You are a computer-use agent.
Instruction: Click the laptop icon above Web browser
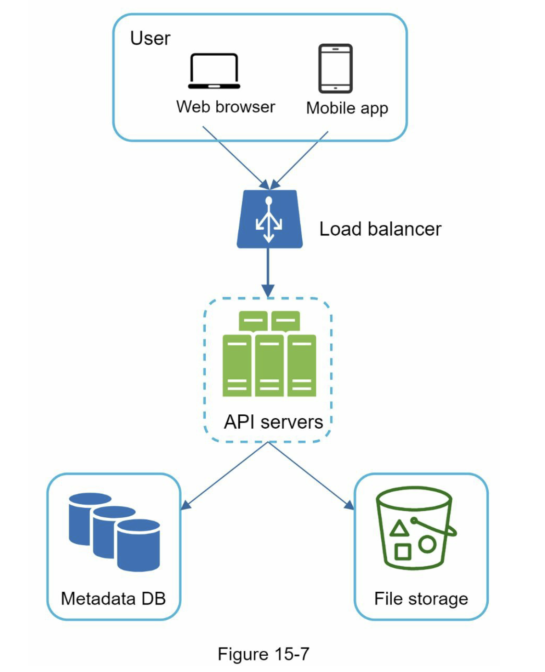pyautogui.click(x=214, y=71)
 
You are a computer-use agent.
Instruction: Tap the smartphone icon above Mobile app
pyautogui.click(x=335, y=68)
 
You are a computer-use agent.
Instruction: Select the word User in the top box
pyautogui.click(x=150, y=38)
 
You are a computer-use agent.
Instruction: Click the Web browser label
pyautogui.click(x=225, y=107)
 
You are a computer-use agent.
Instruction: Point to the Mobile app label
pyautogui.click(x=347, y=108)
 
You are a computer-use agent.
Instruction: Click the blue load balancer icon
pyautogui.click(x=269, y=219)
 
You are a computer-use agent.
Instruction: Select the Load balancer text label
pyautogui.click(x=380, y=229)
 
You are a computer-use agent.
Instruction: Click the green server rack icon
pyautogui.click(x=269, y=354)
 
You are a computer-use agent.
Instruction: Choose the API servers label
pyautogui.click(x=273, y=422)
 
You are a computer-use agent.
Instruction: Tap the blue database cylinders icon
pyautogui.click(x=114, y=531)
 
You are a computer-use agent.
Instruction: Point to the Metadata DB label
pyautogui.click(x=113, y=598)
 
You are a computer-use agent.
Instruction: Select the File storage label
pyautogui.click(x=421, y=599)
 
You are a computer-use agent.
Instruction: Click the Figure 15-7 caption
pyautogui.click(x=263, y=654)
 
